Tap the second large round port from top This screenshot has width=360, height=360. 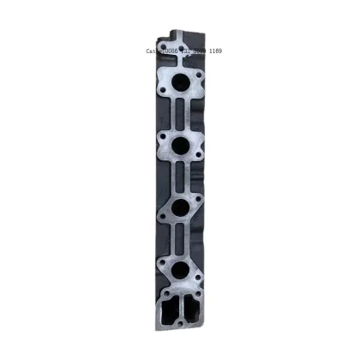183,147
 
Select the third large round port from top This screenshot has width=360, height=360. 182,209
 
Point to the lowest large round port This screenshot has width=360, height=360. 181,272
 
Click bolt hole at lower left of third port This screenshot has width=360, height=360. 163,219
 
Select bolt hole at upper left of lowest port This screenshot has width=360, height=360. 162,261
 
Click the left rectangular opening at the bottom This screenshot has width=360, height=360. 169,309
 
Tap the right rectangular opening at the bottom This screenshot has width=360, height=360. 191,309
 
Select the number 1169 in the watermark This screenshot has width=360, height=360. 213,51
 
